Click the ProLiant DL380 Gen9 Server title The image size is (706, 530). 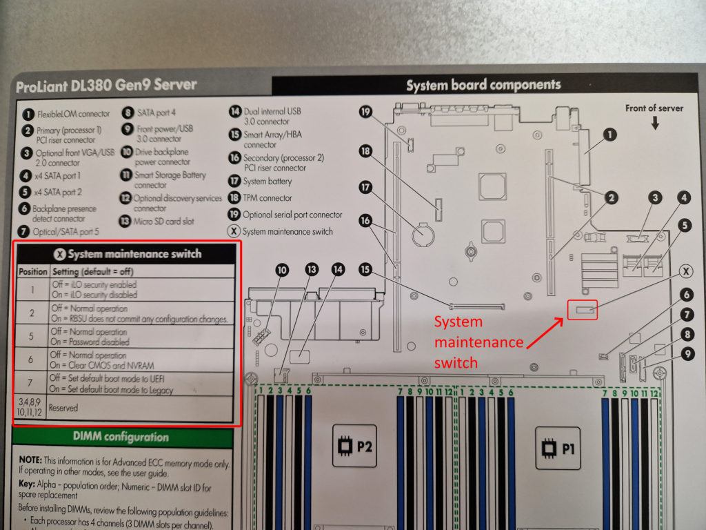(x=106, y=86)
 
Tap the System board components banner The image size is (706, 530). (x=483, y=86)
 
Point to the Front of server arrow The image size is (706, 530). (x=654, y=123)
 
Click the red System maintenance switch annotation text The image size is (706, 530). (x=478, y=342)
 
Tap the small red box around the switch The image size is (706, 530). (x=582, y=311)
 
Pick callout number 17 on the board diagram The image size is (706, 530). (x=365, y=186)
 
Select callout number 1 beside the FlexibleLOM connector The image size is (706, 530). (x=610, y=135)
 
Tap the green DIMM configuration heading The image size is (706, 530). (x=121, y=437)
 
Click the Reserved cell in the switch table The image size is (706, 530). (x=63, y=408)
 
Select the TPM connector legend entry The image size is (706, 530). (x=268, y=198)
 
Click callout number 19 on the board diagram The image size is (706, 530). (x=365, y=111)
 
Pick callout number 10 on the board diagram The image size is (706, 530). (x=282, y=271)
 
